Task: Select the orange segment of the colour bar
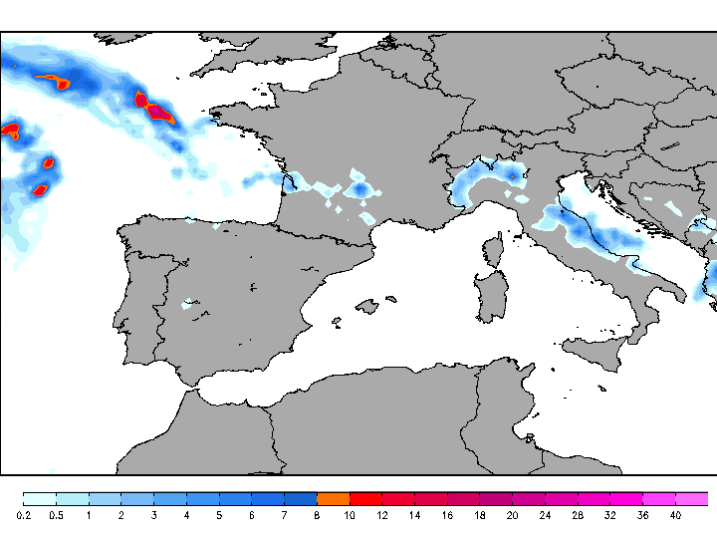click(x=333, y=498)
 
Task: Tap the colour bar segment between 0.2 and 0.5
click(x=40, y=498)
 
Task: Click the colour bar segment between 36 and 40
click(x=658, y=498)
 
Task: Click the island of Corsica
click(x=493, y=250)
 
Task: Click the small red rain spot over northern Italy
click(x=513, y=175)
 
